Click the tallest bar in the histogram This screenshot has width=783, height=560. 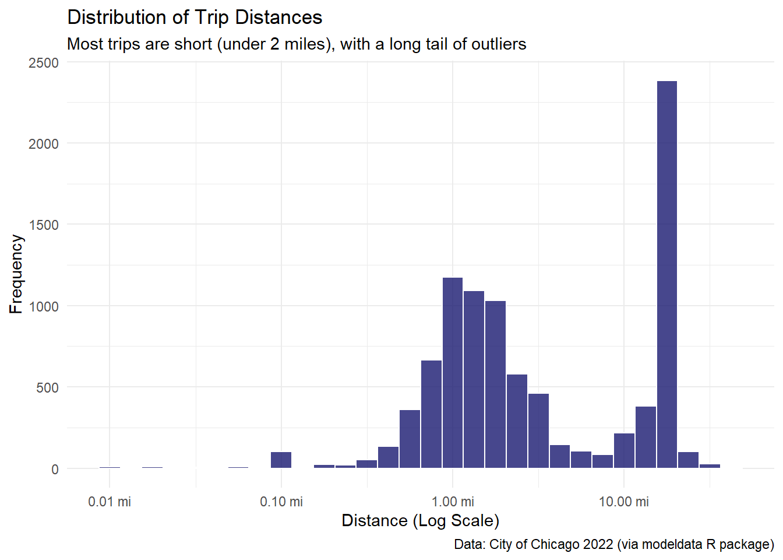[x=667, y=274]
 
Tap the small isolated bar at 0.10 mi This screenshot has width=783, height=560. [x=281, y=460]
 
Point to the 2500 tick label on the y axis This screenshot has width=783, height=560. [x=44, y=63]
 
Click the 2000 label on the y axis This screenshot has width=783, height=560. [x=44, y=144]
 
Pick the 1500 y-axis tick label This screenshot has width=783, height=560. [x=44, y=225]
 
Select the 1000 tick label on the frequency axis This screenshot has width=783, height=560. [x=44, y=306]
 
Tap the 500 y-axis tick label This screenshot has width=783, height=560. [x=47, y=388]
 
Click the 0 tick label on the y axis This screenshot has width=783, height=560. [x=55, y=469]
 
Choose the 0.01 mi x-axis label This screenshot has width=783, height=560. [x=110, y=502]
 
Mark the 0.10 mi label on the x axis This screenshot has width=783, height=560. [x=281, y=502]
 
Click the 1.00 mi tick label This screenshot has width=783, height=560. [x=453, y=502]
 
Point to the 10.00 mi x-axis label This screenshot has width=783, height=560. [x=623, y=502]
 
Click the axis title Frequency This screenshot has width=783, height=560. [x=16, y=274]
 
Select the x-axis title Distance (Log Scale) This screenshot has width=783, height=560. [x=420, y=520]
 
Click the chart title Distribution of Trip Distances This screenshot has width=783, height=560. [x=195, y=17]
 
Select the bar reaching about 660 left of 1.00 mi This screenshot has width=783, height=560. [x=431, y=414]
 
